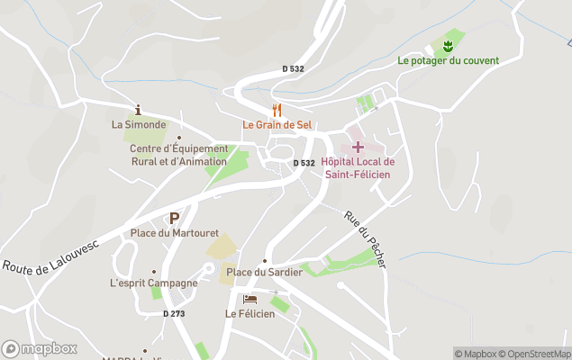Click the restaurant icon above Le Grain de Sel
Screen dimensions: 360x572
[x=277, y=110]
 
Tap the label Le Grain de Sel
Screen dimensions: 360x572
[x=276, y=125]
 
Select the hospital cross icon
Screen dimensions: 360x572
[x=358, y=146]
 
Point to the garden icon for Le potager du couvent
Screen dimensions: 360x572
[x=448, y=46]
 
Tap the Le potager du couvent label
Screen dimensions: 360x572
[x=448, y=61]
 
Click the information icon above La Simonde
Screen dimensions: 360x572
[x=138, y=110]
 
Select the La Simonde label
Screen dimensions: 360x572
[x=139, y=125]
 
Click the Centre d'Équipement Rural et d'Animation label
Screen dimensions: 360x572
[x=178, y=155]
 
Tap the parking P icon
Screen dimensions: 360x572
[x=174, y=218]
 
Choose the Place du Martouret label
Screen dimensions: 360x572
[x=175, y=233]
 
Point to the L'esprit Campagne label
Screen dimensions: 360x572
[x=153, y=283]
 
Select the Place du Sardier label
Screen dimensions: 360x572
[x=264, y=272]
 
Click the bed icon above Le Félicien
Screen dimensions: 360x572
[x=250, y=299]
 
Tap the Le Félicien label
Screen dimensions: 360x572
[x=250, y=313]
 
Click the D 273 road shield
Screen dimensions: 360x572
[x=177, y=313]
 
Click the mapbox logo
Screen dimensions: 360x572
[x=40, y=348]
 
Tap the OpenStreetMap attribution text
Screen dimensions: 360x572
[x=535, y=354]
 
